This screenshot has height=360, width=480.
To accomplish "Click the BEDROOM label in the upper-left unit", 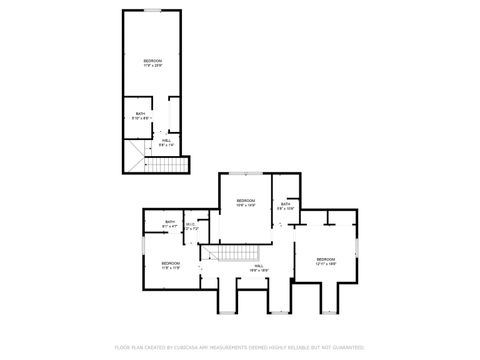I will pyautogui.click(x=152, y=61).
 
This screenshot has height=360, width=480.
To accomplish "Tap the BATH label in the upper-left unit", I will pyautogui.click(x=141, y=113).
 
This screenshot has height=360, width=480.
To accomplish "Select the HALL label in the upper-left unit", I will pyautogui.click(x=166, y=140).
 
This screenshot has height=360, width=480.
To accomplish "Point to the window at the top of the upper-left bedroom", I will pyautogui.click(x=153, y=11).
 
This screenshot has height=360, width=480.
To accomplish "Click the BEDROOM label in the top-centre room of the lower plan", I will pyautogui.click(x=246, y=200).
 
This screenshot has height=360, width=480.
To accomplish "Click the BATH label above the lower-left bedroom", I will pyautogui.click(x=169, y=222).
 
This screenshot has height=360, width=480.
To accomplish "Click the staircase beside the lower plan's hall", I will pyautogui.click(x=240, y=254).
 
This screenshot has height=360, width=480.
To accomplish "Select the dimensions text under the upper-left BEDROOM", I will pyautogui.click(x=152, y=66).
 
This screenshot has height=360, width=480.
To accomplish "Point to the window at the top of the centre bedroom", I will pyautogui.click(x=246, y=173).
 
